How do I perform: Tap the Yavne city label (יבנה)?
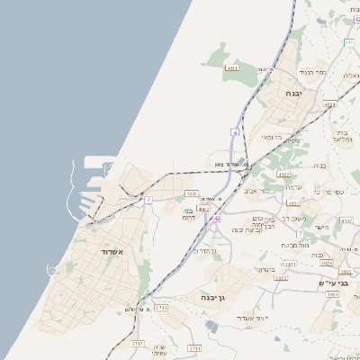(x=294, y=94)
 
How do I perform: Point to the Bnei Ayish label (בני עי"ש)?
(x=332, y=283)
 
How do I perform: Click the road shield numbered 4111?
(x=232, y=67)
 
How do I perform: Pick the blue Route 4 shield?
(x=235, y=132)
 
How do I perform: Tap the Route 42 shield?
(x=217, y=218)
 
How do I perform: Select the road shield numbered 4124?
(x=330, y=104)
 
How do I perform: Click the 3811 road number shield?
(x=291, y=265)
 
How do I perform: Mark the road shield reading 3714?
(x=161, y=308)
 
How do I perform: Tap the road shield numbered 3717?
(x=137, y=344)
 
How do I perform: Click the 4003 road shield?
(x=191, y=193)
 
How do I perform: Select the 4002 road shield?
(x=203, y=208)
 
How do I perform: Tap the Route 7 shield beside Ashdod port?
(x=148, y=200)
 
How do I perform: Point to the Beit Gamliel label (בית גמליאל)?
(x=339, y=134)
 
